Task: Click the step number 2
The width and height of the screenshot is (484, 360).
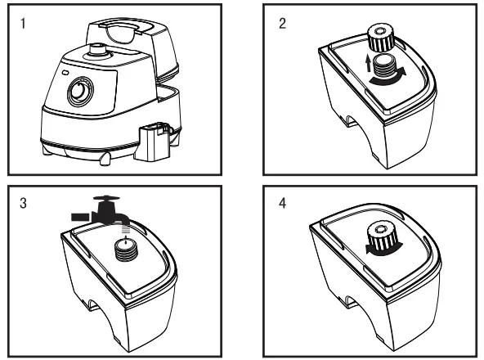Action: click(x=283, y=23)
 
